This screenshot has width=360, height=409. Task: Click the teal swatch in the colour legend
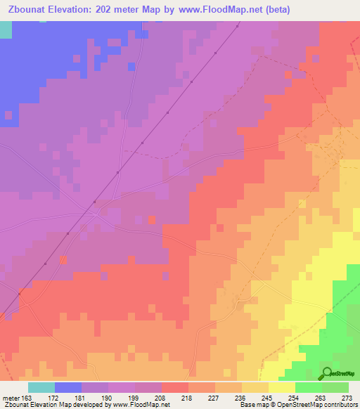tap(41, 387)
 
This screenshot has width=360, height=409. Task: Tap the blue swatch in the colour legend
tap(67, 387)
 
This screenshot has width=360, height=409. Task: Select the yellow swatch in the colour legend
tap(281, 387)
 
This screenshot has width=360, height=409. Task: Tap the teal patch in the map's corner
tap(6, 29)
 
